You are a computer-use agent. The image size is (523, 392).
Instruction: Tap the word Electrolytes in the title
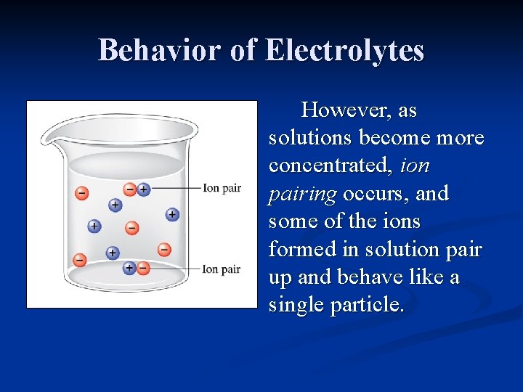click(x=344, y=50)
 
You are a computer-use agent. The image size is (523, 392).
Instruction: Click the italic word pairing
click(x=302, y=195)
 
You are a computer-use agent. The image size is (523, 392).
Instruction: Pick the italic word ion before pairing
click(x=415, y=166)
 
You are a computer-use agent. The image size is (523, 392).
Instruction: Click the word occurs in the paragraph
click(x=369, y=195)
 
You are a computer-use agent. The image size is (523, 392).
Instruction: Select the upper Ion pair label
click(x=222, y=188)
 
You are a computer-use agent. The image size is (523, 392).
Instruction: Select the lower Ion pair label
click(x=222, y=269)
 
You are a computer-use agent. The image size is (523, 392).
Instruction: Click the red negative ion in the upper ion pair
click(x=130, y=189)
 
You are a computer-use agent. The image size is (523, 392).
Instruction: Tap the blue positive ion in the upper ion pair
click(x=143, y=189)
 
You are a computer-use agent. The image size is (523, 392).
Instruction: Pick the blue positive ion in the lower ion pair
click(x=129, y=268)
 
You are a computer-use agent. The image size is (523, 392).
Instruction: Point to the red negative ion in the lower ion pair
click(x=143, y=268)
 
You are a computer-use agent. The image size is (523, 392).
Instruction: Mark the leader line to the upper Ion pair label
click(x=174, y=189)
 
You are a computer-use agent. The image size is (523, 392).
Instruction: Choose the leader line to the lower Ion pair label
click(x=174, y=269)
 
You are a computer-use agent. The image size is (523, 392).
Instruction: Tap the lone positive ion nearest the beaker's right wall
click(x=172, y=214)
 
